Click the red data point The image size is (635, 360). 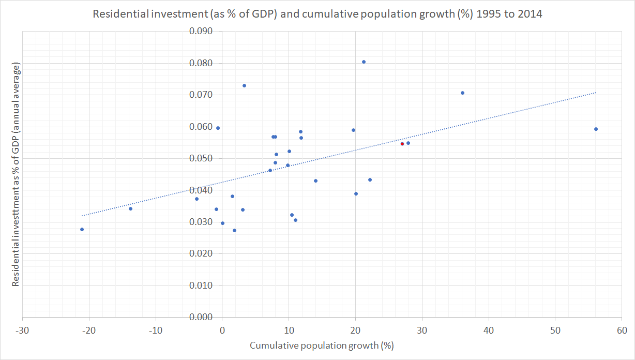coord(402,144)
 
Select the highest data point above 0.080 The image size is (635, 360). coord(364,62)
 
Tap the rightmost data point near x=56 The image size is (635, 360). coord(596,129)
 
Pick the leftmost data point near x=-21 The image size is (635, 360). coord(82,229)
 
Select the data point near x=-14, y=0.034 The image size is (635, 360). coord(130,208)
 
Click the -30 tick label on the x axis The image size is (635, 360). coord(22,330)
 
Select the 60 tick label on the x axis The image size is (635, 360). coord(622,330)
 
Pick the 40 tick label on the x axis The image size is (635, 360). coord(489,330)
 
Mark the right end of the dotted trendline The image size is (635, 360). coord(596,93)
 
